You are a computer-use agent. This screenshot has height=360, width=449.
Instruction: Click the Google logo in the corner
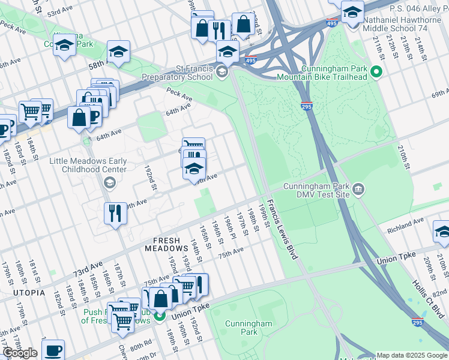pos(20,353)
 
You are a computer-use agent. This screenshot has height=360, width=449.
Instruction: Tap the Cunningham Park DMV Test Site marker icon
pos(358,190)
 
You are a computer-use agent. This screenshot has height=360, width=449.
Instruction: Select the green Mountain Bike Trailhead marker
pos(376,73)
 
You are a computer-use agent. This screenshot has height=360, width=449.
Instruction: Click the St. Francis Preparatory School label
pos(177,72)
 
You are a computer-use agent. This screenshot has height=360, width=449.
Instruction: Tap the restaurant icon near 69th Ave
pos(115,213)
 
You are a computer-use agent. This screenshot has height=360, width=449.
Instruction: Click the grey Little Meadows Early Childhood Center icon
pos(109,181)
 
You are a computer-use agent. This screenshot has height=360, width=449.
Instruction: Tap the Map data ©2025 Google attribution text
pos(411,355)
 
